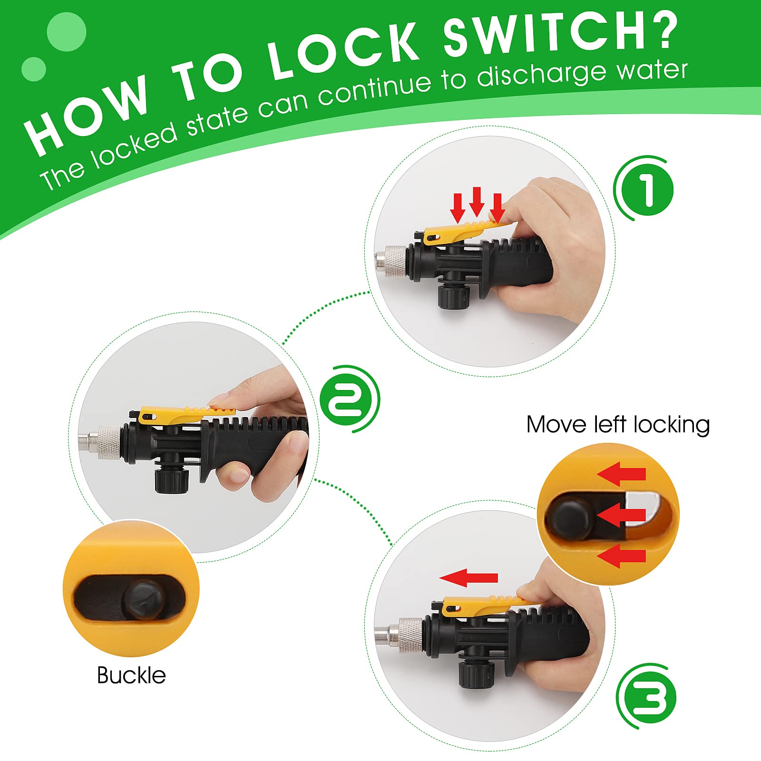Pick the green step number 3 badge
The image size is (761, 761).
(x=647, y=697)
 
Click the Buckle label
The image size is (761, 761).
(x=131, y=675)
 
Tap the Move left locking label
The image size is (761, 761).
(x=618, y=425)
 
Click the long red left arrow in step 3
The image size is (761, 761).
(x=468, y=578)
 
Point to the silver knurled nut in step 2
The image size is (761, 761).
(x=109, y=442)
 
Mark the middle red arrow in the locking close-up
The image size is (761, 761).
(x=621, y=515)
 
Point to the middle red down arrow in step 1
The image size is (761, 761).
(x=477, y=202)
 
